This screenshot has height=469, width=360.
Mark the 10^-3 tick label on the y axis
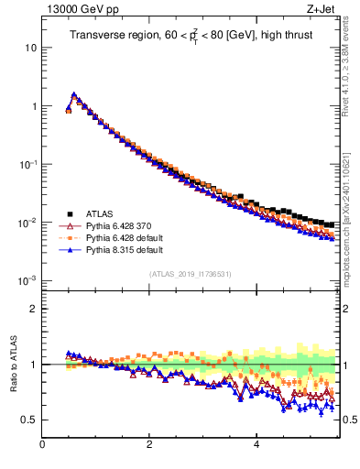tap(27, 281)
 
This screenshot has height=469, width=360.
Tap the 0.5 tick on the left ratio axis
tap(29, 420)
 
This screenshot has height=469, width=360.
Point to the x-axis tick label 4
tap(256, 445)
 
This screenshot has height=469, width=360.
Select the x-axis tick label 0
tap(42, 445)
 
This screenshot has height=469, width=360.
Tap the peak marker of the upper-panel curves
tap(74, 94)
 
